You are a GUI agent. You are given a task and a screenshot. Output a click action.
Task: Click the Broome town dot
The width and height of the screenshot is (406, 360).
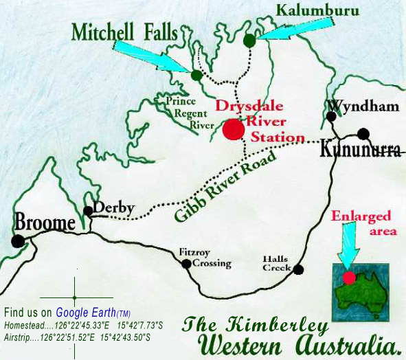[x=18, y=240]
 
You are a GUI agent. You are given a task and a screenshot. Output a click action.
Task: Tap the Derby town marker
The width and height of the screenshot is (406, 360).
[x=88, y=211]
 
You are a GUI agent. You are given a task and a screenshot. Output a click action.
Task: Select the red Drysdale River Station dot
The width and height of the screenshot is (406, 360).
[x=233, y=130]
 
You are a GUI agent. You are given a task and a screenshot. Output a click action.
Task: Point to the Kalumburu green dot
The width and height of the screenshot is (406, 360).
[x=249, y=41]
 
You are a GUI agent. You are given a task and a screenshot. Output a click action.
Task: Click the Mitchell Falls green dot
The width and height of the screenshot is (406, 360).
[x=196, y=76]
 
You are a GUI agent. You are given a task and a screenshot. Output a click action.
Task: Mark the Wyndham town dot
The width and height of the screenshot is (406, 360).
[x=331, y=117]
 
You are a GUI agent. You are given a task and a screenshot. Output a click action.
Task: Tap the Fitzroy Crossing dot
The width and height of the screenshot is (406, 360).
[x=186, y=263]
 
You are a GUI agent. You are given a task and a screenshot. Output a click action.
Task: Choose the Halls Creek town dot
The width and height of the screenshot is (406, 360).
[x=298, y=269]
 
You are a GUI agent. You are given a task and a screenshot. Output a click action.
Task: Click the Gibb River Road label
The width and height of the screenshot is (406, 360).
[x=226, y=185]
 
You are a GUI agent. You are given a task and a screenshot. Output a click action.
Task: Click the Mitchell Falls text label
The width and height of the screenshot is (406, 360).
[x=123, y=32]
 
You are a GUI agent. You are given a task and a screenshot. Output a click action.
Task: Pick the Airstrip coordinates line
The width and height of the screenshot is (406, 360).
[x=77, y=337]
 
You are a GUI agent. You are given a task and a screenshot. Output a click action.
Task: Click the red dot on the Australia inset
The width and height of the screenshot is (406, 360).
[x=350, y=278]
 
